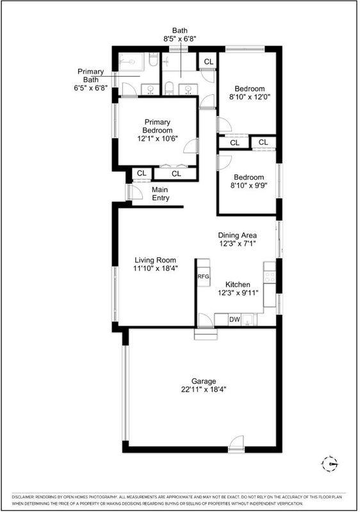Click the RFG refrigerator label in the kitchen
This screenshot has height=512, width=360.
pyautogui.click(x=203, y=276)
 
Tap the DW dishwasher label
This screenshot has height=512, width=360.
pyautogui.click(x=234, y=319)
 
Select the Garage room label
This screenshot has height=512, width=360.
pyautogui.click(x=204, y=381)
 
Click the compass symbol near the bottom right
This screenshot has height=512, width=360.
pyautogui.click(x=330, y=463)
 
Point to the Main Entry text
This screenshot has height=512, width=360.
pyautogui.click(x=160, y=194)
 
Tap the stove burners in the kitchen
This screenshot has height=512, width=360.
pyautogui.click(x=270, y=277)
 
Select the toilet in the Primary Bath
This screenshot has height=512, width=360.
pyautogui.click(x=152, y=60)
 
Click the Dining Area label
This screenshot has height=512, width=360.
pyautogui.click(x=237, y=235)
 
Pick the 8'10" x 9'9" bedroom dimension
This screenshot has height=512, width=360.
pyautogui.click(x=249, y=186)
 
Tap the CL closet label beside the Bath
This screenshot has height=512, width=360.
pyautogui.click(x=208, y=61)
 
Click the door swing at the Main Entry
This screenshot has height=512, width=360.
pyautogui.click(x=135, y=192)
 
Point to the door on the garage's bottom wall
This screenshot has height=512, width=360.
pyautogui.click(x=236, y=444)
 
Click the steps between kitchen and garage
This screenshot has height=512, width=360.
pyautogui.click(x=206, y=334)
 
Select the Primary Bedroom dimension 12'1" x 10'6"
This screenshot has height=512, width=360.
pyautogui.click(x=157, y=138)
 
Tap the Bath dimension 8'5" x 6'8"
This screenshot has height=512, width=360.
pyautogui.click(x=179, y=38)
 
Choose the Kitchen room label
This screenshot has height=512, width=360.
pyautogui.click(x=238, y=284)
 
